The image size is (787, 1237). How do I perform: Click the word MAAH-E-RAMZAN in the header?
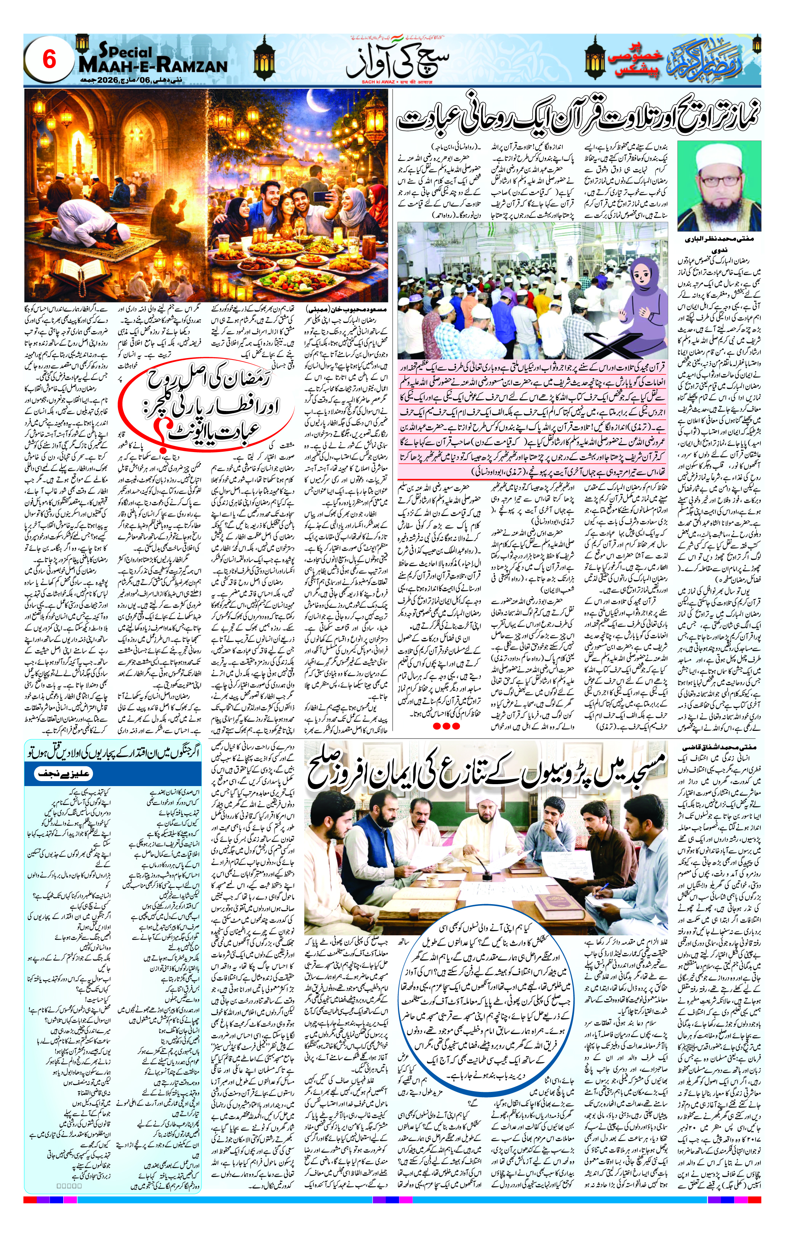tap(153, 66)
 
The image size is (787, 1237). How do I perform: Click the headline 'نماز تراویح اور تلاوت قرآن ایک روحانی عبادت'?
tap(578, 118)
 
